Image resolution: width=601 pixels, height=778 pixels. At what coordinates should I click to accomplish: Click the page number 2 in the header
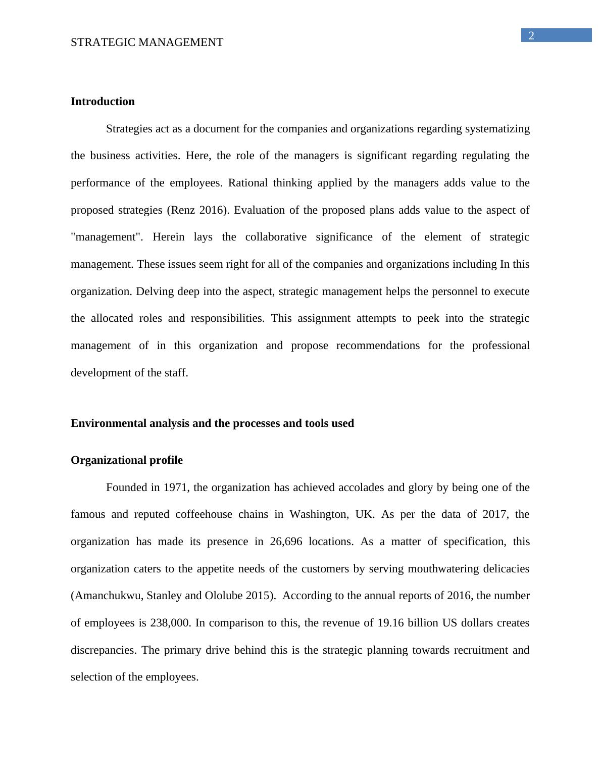531,36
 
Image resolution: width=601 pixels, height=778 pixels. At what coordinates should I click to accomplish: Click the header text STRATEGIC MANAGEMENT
147,42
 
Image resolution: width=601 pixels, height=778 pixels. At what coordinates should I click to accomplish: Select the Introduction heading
103,102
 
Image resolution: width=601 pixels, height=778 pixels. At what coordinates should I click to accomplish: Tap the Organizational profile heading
127,460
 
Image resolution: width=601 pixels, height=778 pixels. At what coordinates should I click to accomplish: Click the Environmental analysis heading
212,423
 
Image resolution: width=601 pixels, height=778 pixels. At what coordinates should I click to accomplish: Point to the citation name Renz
183,210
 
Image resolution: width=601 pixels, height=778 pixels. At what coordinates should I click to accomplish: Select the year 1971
176,488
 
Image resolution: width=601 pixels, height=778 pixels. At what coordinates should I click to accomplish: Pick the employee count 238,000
171,623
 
